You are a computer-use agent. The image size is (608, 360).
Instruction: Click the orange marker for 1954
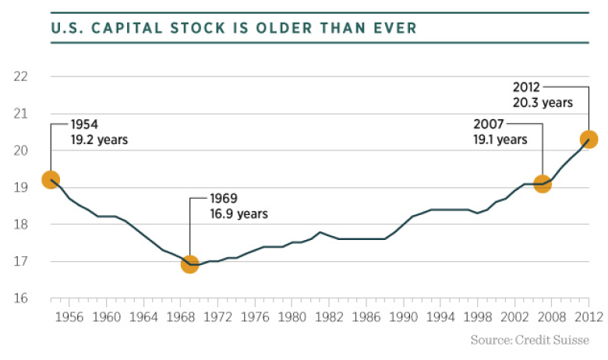click(51, 180)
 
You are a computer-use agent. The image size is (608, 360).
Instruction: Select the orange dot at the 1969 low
click(190, 264)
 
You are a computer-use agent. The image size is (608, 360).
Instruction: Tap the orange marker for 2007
click(543, 184)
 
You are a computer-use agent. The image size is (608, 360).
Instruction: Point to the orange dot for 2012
click(589, 139)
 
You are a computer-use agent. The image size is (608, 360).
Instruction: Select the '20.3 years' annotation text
click(542, 102)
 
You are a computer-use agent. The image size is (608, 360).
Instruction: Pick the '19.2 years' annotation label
click(98, 140)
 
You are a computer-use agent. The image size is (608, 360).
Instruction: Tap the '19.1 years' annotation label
click(500, 139)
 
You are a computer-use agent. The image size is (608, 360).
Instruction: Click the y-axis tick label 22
click(21, 76)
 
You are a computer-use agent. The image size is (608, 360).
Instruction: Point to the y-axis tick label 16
click(21, 298)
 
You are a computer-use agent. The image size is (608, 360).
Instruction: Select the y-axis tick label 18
click(21, 224)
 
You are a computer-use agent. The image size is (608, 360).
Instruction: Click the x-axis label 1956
click(69, 317)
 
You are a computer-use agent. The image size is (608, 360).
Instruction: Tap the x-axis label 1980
click(292, 317)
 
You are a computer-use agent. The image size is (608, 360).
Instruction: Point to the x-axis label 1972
click(217, 317)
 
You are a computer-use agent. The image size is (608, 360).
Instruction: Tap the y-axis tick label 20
click(21, 150)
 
